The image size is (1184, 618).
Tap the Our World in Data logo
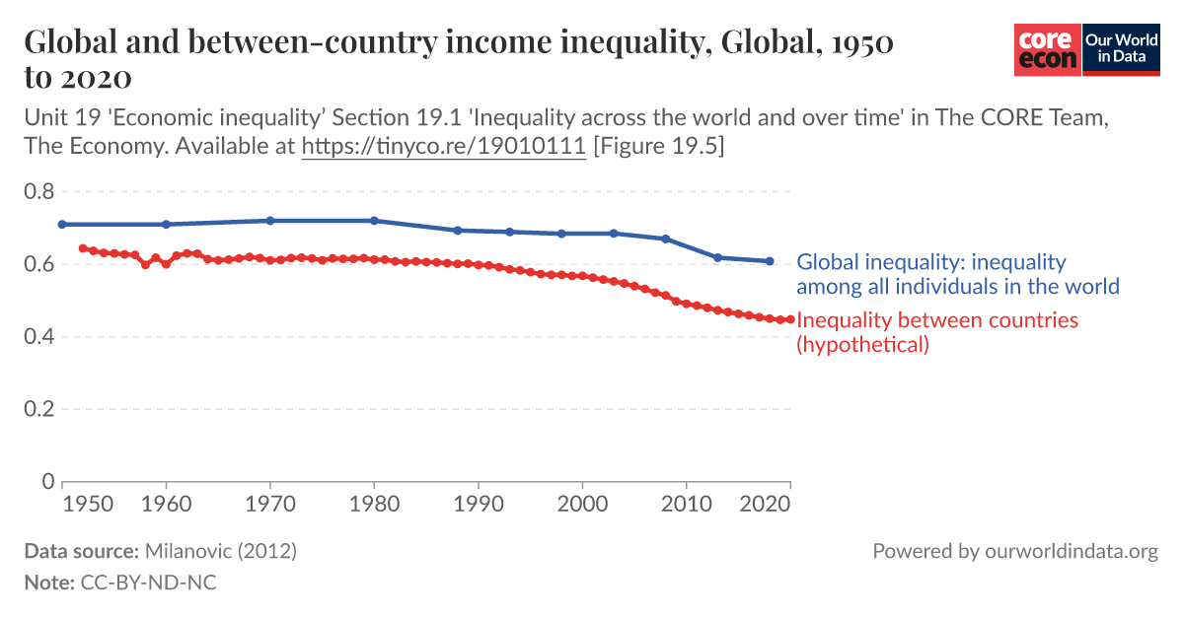point(1120,49)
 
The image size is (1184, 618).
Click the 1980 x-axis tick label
point(374,503)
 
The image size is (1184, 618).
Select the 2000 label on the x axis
point(582,503)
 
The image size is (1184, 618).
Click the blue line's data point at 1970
point(270,221)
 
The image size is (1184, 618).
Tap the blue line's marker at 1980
point(374,221)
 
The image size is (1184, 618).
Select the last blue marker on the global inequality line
point(770,261)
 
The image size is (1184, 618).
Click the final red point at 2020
point(789,319)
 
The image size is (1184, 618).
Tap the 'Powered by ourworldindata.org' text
point(1014,551)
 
